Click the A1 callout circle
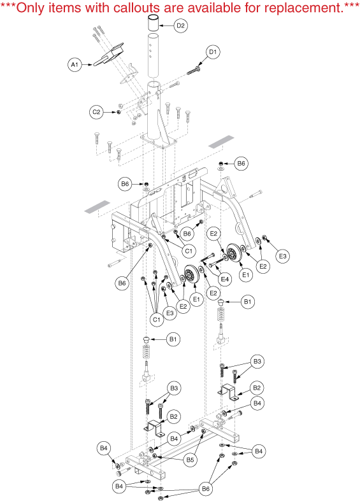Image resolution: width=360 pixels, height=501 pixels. point(75,65)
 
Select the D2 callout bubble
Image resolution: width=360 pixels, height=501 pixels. point(181,25)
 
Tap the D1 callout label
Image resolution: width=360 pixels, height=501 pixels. point(213,52)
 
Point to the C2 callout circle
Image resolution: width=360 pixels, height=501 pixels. point(96,112)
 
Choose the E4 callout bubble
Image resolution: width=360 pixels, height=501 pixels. point(225,279)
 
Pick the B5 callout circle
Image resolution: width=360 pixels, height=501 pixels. point(190,460)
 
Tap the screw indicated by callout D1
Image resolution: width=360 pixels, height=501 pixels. point(194,70)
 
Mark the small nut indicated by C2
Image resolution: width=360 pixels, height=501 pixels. point(119,112)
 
